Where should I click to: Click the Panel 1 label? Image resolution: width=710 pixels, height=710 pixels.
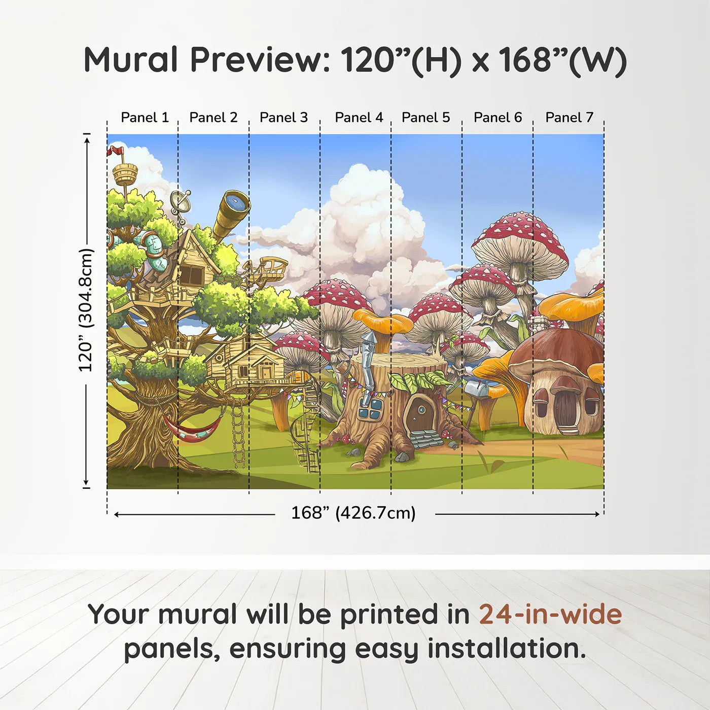coord(145,118)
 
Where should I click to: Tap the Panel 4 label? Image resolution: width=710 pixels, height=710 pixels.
coord(359,118)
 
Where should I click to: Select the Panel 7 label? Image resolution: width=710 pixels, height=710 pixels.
coord(569,118)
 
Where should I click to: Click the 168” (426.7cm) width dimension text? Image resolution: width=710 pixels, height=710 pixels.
coord(353,513)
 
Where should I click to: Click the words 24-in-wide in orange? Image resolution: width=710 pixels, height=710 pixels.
coord(550,614)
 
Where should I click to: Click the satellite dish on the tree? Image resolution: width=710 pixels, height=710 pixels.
coord(180,202)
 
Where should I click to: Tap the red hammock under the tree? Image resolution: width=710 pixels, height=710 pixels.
coord(193,430)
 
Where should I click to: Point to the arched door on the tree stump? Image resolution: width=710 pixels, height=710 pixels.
coord(420,413)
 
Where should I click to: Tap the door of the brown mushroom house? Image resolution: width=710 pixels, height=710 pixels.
coord(565,409)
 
